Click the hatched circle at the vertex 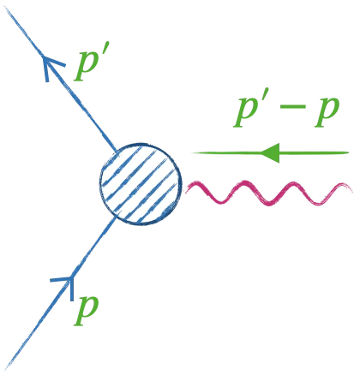141,183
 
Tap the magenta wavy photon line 268,193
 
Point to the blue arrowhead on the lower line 66,284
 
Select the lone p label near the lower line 86,311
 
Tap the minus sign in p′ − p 292,107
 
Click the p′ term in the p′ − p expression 245,111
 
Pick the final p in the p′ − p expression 327,113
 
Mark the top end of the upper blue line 6,6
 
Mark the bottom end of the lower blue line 7,369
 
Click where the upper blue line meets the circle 117,151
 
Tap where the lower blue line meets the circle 116,217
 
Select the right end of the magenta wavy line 352,190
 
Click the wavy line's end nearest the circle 186,192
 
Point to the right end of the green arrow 349,152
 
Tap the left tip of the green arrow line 192,153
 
